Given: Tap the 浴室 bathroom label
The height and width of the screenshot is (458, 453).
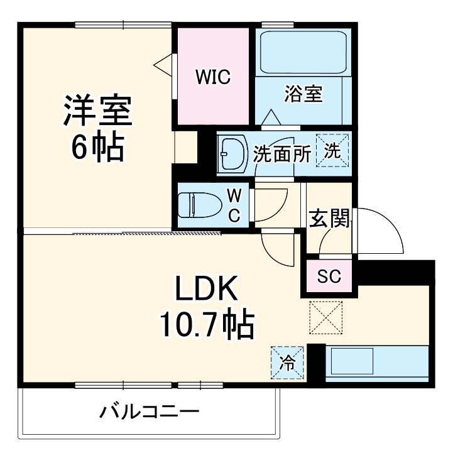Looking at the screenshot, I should click(303, 94).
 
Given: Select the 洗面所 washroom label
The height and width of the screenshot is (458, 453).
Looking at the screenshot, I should click(282, 154).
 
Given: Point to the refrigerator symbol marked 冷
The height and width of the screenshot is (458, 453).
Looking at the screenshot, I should click(287, 363).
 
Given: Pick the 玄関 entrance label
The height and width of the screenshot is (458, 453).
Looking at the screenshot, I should click(329, 220).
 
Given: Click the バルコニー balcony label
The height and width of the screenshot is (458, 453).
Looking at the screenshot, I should click(149, 413).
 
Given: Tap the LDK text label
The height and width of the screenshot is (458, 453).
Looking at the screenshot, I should click(205, 290).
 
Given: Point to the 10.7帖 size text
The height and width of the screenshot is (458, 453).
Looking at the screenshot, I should click(205, 325).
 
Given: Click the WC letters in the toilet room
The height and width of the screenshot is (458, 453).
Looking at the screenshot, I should click(233, 205).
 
